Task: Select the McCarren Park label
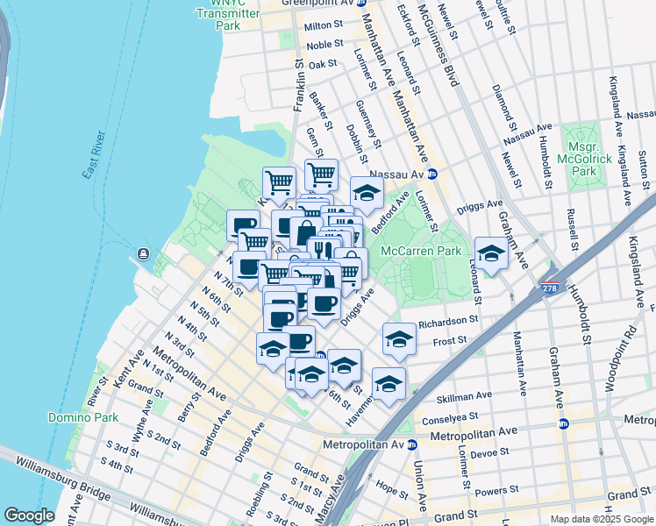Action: (x=421, y=251)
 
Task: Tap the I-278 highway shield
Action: (x=550, y=288)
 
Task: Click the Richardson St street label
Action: (x=448, y=323)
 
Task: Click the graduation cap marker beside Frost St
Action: (x=399, y=338)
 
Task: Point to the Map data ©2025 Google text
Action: (x=602, y=519)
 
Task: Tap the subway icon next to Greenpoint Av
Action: (x=360, y=3)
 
